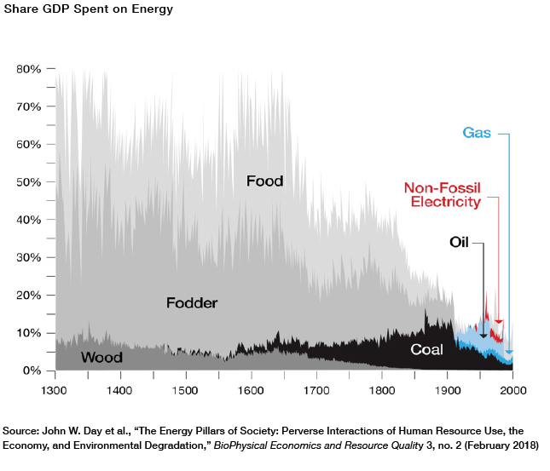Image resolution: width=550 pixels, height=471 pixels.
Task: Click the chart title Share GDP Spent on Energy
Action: pyautogui.click(x=76, y=10)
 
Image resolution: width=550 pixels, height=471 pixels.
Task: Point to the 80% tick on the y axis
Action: pyautogui.click(x=29, y=68)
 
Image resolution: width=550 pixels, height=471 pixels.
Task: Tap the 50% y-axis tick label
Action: pyautogui.click(x=29, y=181)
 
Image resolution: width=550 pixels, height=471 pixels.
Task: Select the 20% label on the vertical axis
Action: pyautogui.click(x=29, y=295)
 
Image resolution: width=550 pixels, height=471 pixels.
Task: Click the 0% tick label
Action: pyautogui.click(x=32, y=370)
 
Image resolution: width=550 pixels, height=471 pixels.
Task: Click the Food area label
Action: pyautogui.click(x=264, y=181)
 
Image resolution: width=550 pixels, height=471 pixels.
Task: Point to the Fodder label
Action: pyautogui.click(x=192, y=302)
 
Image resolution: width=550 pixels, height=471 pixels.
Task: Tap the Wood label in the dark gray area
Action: pyautogui.click(x=101, y=357)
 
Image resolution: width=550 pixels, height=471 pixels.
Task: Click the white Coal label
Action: pyautogui.click(x=426, y=349)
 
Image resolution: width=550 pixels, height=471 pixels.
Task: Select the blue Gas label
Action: pyautogui.click(x=477, y=133)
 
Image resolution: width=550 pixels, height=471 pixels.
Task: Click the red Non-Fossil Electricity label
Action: pyautogui.click(x=442, y=195)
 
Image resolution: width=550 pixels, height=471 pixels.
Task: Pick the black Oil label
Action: pyautogui.click(x=460, y=242)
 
